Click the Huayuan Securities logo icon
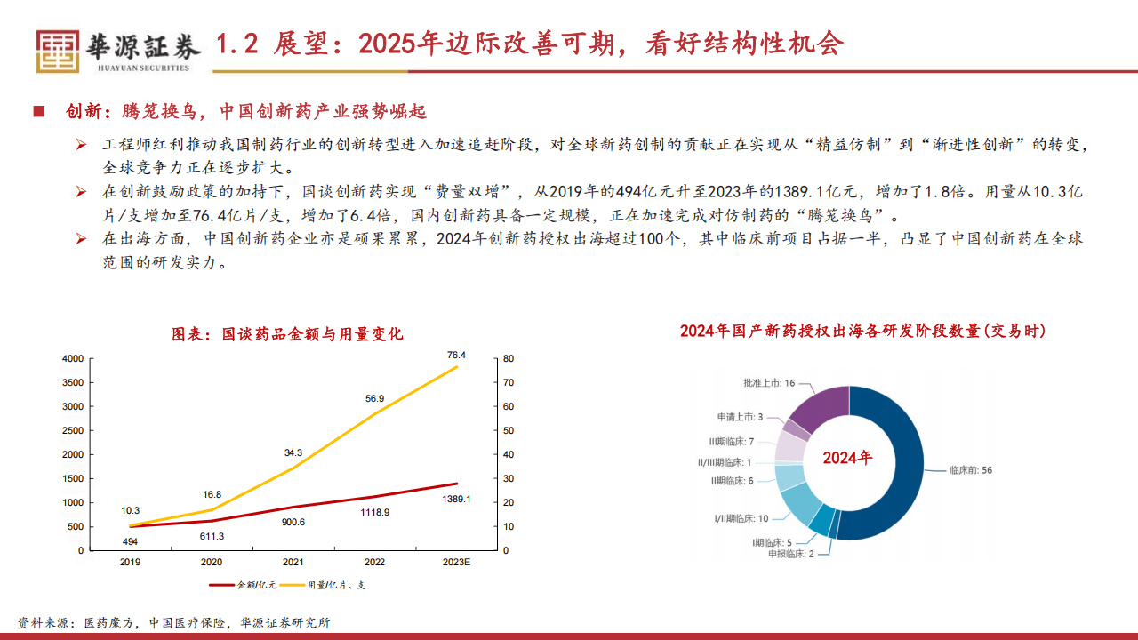(x=57, y=51)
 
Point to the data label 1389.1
(x=456, y=500)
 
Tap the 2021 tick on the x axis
(x=293, y=563)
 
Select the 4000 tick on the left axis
(x=73, y=358)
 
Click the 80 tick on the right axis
(x=508, y=358)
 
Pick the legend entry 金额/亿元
(x=244, y=585)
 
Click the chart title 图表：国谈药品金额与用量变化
(x=288, y=334)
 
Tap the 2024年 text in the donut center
(x=847, y=458)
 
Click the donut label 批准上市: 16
(x=769, y=383)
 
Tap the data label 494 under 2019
(x=130, y=541)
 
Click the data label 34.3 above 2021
(x=293, y=452)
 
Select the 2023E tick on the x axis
(x=456, y=563)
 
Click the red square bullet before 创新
(x=38, y=111)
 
